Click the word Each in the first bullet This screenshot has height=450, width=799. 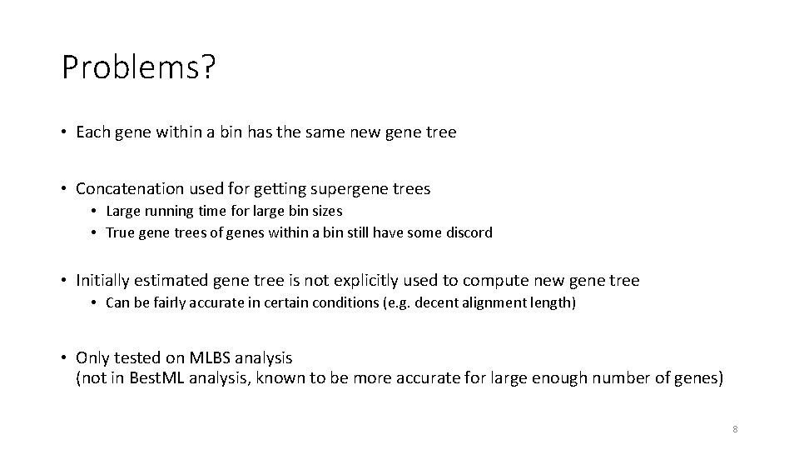[x=92, y=132]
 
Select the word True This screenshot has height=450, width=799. [x=120, y=232]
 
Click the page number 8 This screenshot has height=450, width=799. [x=735, y=429]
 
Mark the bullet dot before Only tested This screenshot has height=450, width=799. [x=63, y=357]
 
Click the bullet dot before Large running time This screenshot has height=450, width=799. [x=95, y=212]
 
